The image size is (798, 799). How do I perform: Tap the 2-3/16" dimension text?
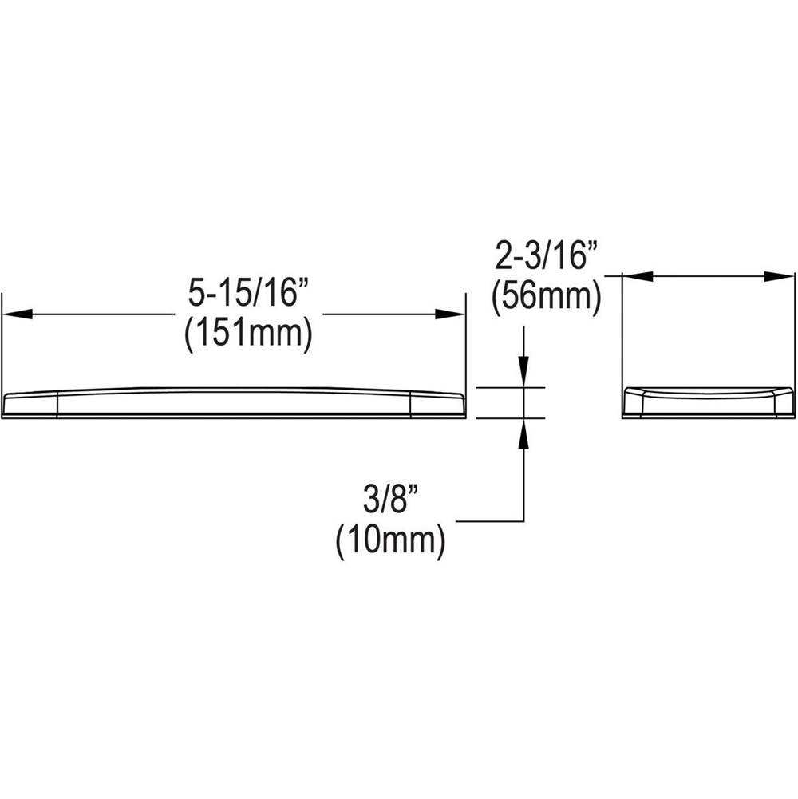546,255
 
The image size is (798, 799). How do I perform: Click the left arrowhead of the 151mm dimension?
18,314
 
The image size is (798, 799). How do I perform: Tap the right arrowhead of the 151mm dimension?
450,314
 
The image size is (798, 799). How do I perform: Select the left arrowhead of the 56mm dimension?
638,276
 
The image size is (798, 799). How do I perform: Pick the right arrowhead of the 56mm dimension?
779,276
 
